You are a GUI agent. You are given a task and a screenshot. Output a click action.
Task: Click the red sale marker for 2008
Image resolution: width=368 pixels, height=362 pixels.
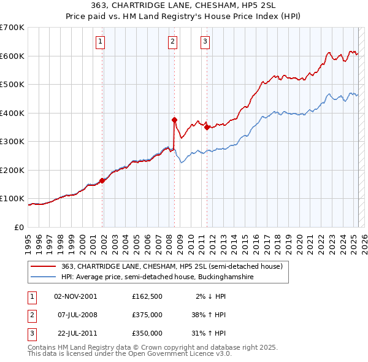click(x=174, y=120)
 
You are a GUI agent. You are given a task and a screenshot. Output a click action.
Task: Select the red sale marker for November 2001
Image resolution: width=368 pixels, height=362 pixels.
click(x=102, y=180)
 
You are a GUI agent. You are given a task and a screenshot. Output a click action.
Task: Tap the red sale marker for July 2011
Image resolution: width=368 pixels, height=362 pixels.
click(x=207, y=128)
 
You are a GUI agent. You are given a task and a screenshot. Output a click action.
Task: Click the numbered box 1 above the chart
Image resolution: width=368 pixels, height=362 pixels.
click(x=100, y=42)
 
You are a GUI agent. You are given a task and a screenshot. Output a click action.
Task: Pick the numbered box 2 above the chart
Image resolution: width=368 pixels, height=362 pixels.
click(x=172, y=42)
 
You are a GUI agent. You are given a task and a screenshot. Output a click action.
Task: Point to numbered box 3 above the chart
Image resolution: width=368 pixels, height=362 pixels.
click(x=205, y=42)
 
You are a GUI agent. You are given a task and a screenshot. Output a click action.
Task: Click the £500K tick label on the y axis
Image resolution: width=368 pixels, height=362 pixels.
click(x=12, y=85)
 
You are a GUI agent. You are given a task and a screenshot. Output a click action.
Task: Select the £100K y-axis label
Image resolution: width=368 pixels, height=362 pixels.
click(x=12, y=199)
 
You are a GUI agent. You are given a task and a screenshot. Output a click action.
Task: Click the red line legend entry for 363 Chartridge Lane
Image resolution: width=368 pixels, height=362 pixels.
click(x=172, y=266)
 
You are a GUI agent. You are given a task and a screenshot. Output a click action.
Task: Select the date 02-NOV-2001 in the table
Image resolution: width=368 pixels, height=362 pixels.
click(x=75, y=296)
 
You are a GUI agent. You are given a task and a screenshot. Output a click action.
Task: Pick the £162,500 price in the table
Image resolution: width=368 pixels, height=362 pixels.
click(x=147, y=296)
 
